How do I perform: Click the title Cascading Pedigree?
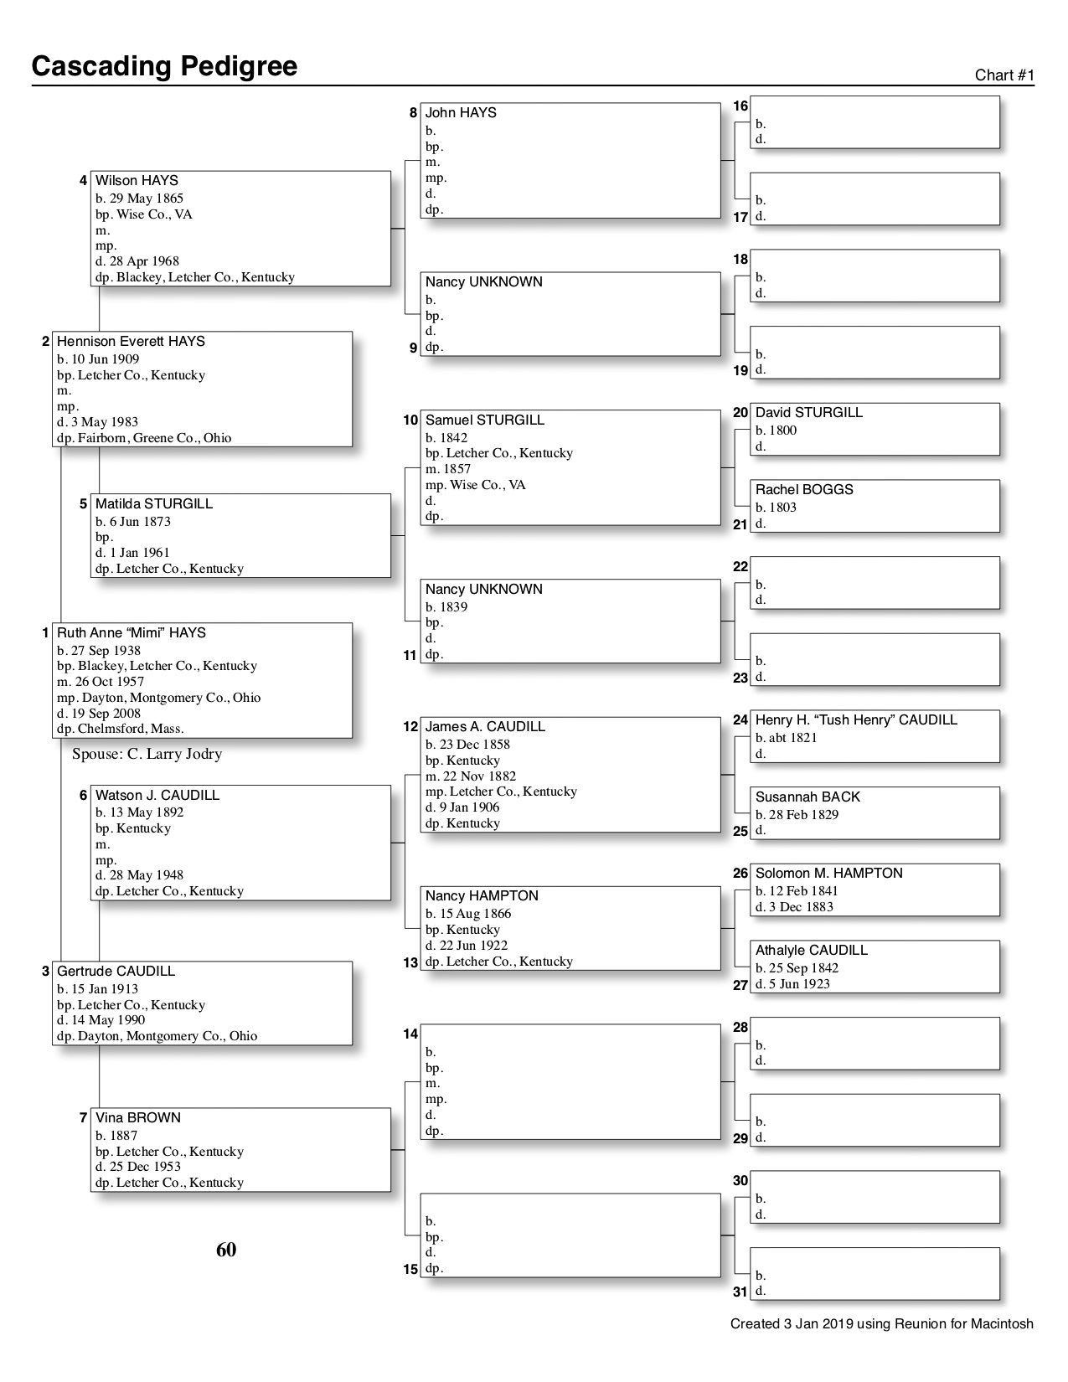tap(164, 66)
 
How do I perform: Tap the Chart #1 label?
tap(1004, 75)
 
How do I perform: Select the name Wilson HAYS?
tap(137, 181)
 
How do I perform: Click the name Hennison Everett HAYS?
tap(131, 342)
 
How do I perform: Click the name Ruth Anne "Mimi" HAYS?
tap(131, 633)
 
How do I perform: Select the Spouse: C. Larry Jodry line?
tap(147, 754)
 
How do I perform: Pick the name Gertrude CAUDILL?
tap(116, 972)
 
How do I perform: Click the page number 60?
tap(226, 1250)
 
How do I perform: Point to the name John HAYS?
tap(461, 113)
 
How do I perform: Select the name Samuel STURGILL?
tap(484, 420)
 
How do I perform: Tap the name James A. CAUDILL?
tap(485, 727)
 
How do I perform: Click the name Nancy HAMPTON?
tap(482, 896)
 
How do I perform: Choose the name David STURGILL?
tap(808, 413)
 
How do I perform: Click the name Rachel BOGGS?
tap(804, 490)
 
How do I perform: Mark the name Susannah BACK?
tap(807, 797)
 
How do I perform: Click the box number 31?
tap(740, 1292)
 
